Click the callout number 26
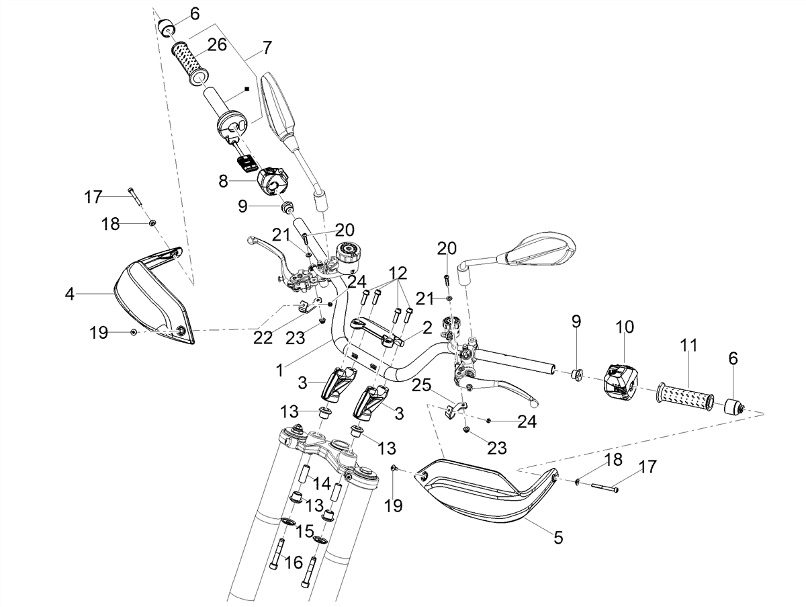pos(217,45)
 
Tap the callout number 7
pos(267,48)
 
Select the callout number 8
pos(223,181)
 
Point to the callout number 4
pos(69,294)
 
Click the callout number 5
pos(558,538)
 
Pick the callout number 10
pos(625,326)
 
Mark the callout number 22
pos(263,337)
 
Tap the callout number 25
pos(421,386)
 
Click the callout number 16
pos(294,563)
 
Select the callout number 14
pos(322,483)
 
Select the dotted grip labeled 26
pos(190,63)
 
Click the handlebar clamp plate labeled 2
pos(377,332)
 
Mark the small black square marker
pos(247,89)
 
